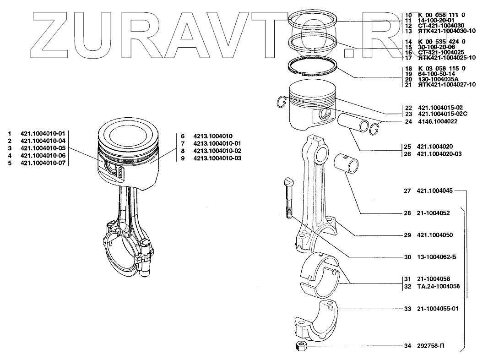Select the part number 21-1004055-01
tap(437, 309)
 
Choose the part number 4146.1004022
tap(437, 122)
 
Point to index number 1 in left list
tap(9, 133)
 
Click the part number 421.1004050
tap(435, 235)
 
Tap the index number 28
tap(407, 213)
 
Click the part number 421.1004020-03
tap(439, 154)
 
